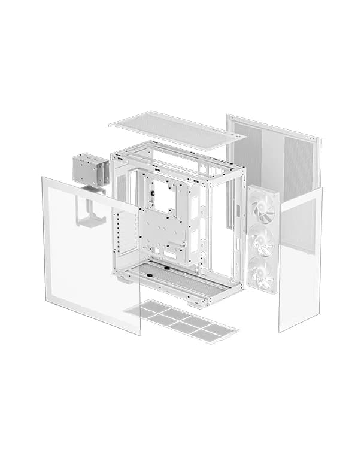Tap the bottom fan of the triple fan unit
click(x=262, y=273)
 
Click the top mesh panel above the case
click(x=177, y=130)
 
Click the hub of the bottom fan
click(x=262, y=273)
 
